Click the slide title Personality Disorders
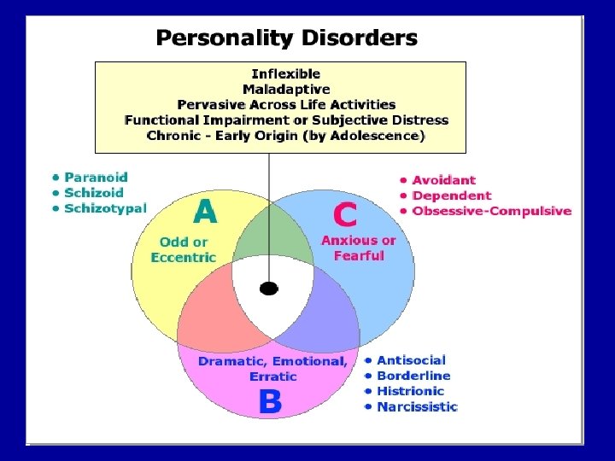pyautogui.click(x=286, y=38)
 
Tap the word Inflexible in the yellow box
pyautogui.click(x=285, y=74)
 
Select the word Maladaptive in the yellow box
pyautogui.click(x=285, y=90)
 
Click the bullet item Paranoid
pyautogui.click(x=96, y=178)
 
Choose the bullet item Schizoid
pyautogui.click(x=94, y=193)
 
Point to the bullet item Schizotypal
pyautogui.click(x=105, y=208)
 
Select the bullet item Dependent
pyautogui.click(x=452, y=195)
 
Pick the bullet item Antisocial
pyautogui.click(x=411, y=360)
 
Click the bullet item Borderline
pyautogui.click(x=413, y=376)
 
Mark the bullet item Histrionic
pyautogui.click(x=410, y=391)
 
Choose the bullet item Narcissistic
pyautogui.click(x=417, y=406)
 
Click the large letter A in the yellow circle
pyautogui.click(x=205, y=212)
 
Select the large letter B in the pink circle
pyautogui.click(x=270, y=401)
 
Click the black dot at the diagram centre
pyautogui.click(x=269, y=289)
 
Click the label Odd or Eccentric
pyautogui.click(x=184, y=249)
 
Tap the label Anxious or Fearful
pyautogui.click(x=359, y=248)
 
